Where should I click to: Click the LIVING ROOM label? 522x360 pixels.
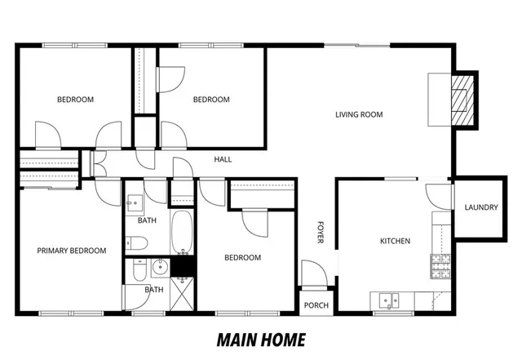pos(359,115)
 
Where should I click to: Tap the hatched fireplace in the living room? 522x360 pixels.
pos(463,100)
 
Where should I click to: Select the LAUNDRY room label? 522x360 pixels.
pos(480,207)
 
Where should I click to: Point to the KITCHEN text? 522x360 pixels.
pos(395,241)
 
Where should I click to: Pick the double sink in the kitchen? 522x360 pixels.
pos(386,300)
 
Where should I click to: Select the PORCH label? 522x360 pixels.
pos(316,305)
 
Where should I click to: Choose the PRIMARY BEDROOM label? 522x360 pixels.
pos(72,251)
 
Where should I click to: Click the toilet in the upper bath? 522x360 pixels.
pos(136,242)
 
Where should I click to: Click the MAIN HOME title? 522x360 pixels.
pos(261,339)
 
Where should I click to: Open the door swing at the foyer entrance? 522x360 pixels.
pos(312,273)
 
